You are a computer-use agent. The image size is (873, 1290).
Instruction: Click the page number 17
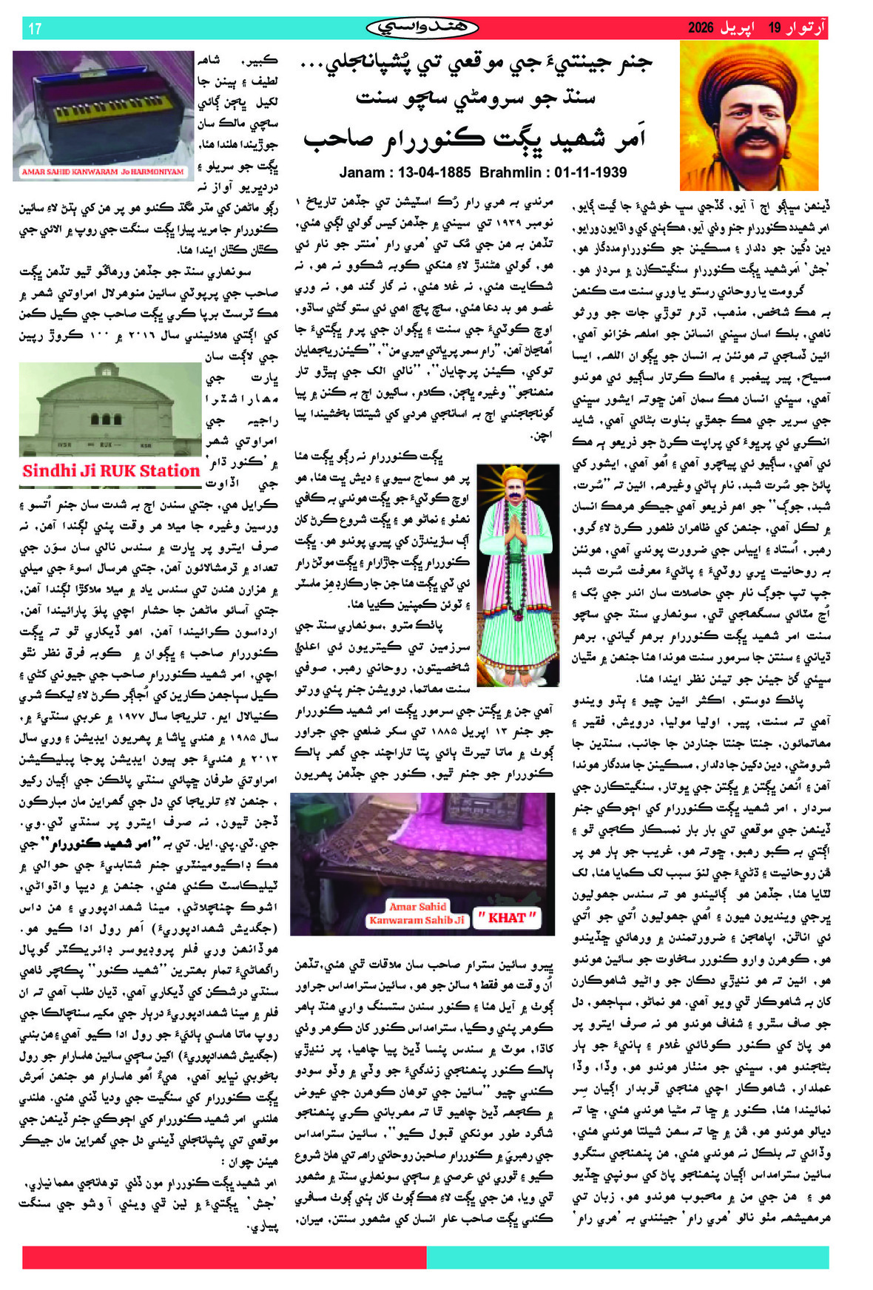35,29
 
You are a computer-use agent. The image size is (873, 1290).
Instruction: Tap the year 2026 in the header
700,29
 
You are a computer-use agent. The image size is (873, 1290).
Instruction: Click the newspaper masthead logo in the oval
422,29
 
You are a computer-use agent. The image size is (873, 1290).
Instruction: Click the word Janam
365,172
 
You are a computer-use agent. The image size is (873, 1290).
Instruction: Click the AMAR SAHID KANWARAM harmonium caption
102,172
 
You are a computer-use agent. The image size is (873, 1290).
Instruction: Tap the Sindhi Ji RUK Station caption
111,471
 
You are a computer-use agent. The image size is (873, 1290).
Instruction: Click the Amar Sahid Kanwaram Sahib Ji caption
417,914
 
